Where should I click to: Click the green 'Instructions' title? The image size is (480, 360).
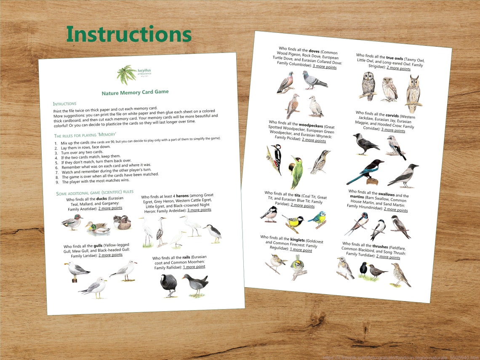(x=129, y=35)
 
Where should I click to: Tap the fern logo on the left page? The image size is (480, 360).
(x=126, y=74)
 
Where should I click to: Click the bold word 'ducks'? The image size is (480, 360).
(x=101, y=198)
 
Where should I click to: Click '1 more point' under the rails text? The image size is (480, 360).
(x=194, y=267)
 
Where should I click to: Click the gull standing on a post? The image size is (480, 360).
(x=76, y=271)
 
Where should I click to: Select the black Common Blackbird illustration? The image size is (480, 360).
(x=363, y=269)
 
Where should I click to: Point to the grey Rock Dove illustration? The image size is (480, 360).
(x=313, y=80)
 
